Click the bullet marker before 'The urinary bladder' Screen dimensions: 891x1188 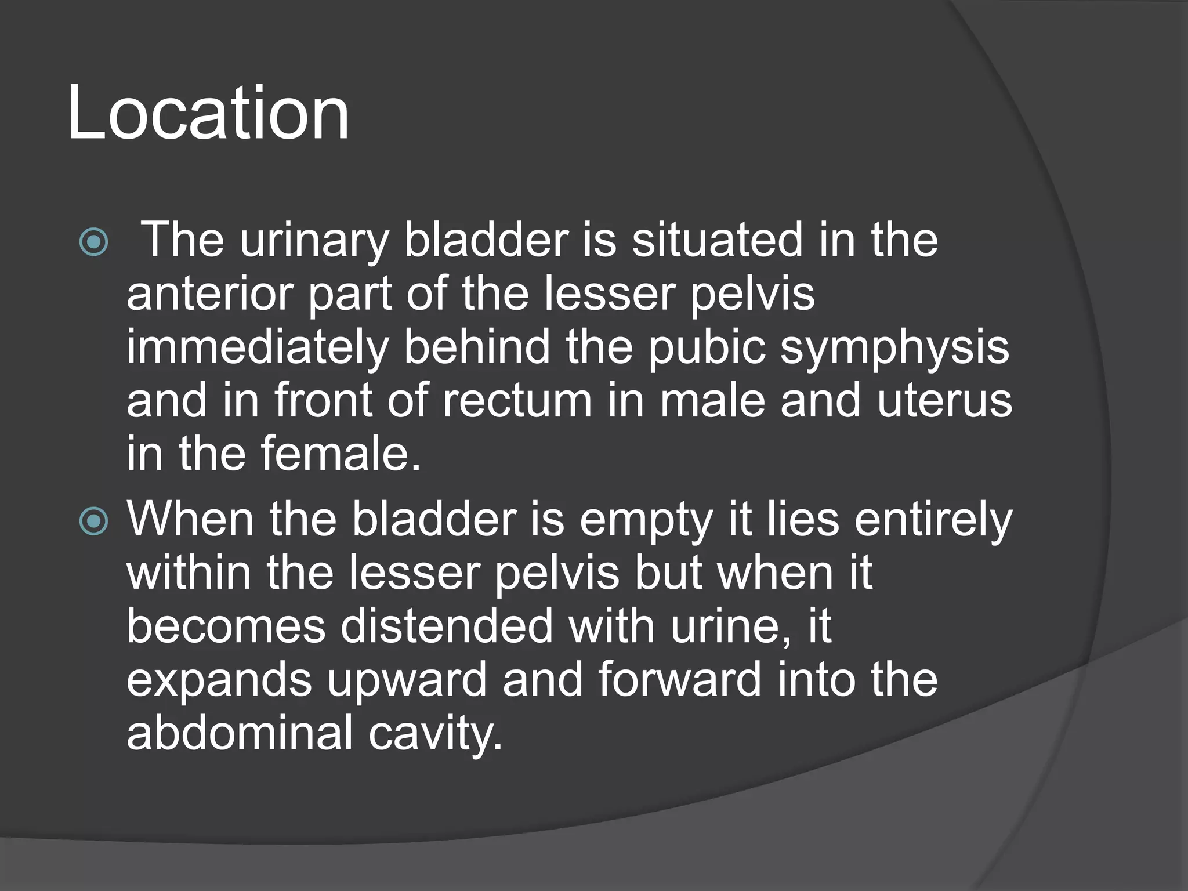coord(93,242)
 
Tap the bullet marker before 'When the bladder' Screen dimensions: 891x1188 coord(93,521)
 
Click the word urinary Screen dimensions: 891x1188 coord(313,241)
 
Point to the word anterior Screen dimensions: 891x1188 coord(209,294)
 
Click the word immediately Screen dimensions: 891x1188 coord(257,348)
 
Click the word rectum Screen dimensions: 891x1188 coord(517,400)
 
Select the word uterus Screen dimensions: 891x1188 coord(944,400)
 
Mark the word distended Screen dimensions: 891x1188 coord(447,626)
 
